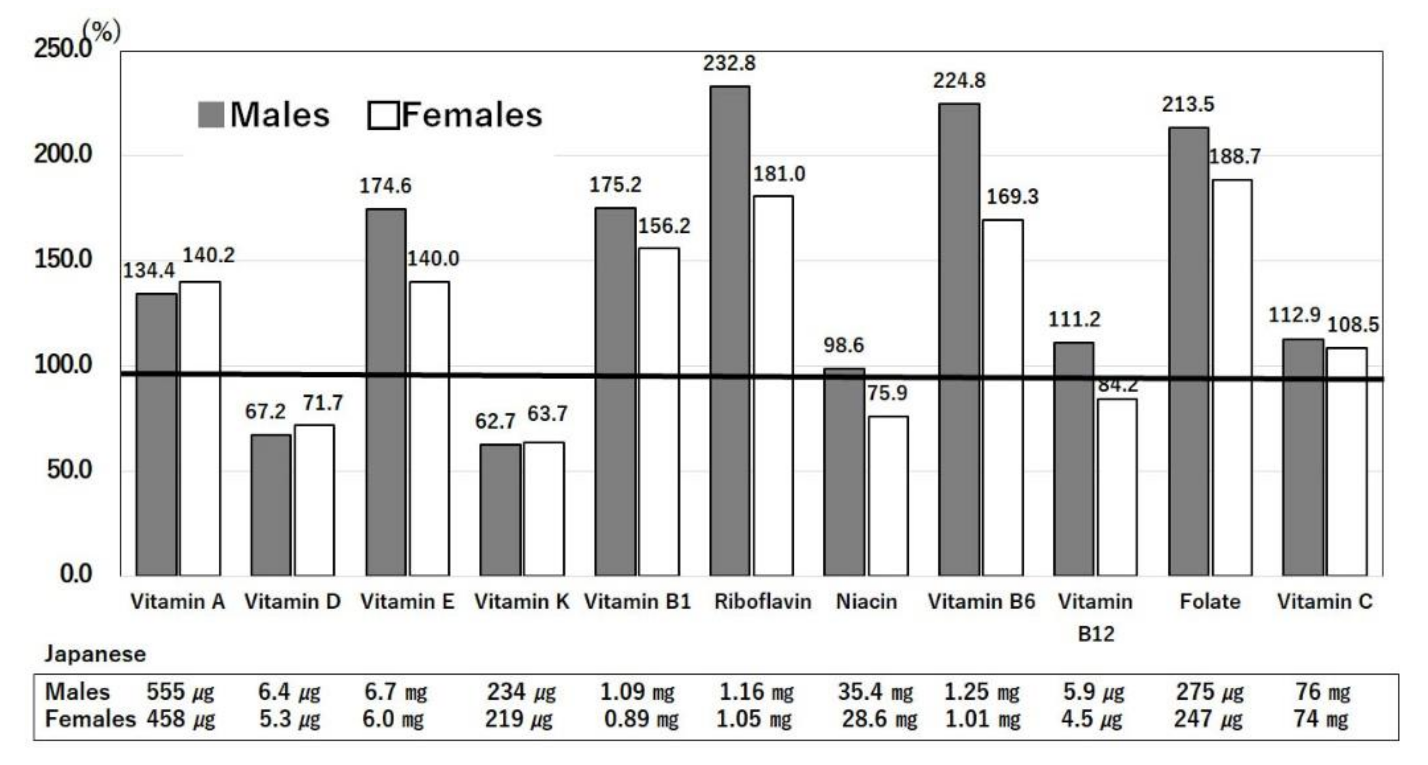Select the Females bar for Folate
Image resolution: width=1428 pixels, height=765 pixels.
pyautogui.click(x=1232, y=377)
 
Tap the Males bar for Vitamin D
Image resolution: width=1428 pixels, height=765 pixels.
pyautogui.click(x=270, y=504)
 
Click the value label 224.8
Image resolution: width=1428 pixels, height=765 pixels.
pyautogui.click(x=959, y=81)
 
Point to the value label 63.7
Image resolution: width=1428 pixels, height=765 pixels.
pyautogui.click(x=547, y=413)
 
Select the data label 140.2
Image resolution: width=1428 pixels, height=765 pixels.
pyautogui.click(x=208, y=255)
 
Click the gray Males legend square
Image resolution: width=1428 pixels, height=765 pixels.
pyautogui.click(x=211, y=115)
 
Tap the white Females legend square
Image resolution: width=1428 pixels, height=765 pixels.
pyautogui.click(x=383, y=115)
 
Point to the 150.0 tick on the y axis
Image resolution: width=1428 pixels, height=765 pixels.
pyautogui.click(x=63, y=259)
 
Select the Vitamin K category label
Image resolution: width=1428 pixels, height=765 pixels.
pyautogui.click(x=521, y=602)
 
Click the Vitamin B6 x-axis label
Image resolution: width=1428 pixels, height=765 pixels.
pyautogui.click(x=981, y=602)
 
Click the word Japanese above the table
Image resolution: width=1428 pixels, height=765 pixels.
pyautogui.click(x=95, y=654)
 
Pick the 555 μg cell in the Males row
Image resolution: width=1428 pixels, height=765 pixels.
pyautogui.click(x=180, y=692)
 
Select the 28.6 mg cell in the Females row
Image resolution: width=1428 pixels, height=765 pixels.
pyautogui.click(x=879, y=719)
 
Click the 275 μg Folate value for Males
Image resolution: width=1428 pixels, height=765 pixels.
pyautogui.click(x=1209, y=692)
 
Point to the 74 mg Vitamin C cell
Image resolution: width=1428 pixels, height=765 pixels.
pyautogui.click(x=1320, y=719)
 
